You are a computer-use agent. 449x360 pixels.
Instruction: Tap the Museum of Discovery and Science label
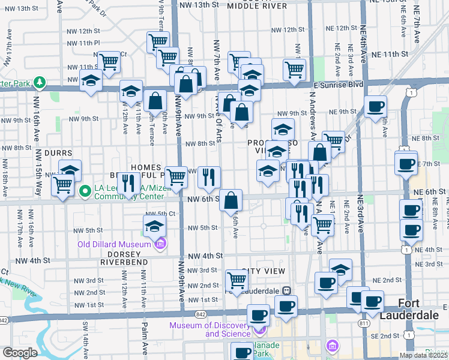click(x=209, y=329)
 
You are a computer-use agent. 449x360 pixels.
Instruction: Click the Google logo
click(x=19, y=353)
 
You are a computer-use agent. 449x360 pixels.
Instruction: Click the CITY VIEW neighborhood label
click(x=263, y=272)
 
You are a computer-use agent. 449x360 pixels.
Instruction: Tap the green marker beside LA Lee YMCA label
click(x=85, y=191)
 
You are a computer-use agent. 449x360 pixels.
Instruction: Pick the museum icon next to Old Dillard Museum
click(x=160, y=244)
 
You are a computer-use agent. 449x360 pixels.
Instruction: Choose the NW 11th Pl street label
click(x=83, y=43)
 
